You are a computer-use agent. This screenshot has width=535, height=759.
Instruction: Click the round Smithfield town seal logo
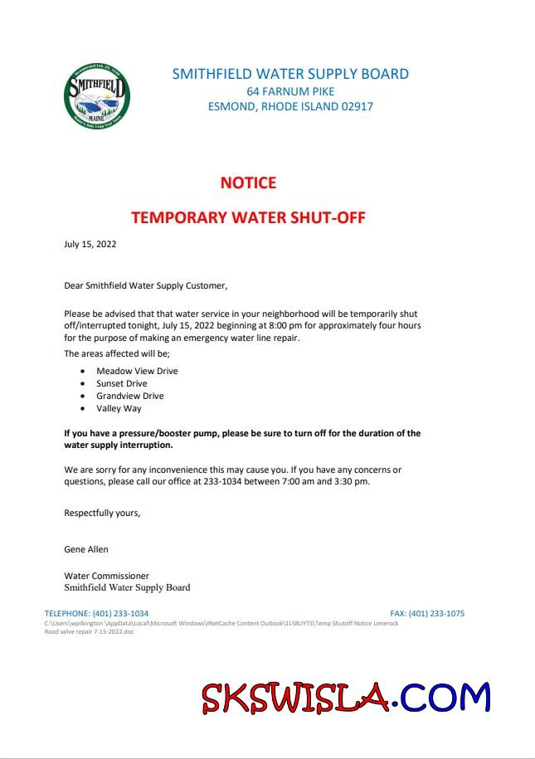pyautogui.click(x=96, y=97)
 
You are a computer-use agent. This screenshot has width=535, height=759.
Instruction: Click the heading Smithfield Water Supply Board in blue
pyautogui.click(x=290, y=74)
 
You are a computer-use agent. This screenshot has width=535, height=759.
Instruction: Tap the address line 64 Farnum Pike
pyautogui.click(x=290, y=90)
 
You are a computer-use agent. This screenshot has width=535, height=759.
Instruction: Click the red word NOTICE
pyautogui.click(x=248, y=182)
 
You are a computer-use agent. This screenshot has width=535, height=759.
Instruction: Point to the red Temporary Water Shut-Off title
pyautogui.click(x=248, y=218)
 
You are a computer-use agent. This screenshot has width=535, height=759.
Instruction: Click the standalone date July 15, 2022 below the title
pyautogui.click(x=90, y=244)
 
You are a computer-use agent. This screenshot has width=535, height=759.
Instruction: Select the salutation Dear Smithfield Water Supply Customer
pyautogui.click(x=145, y=285)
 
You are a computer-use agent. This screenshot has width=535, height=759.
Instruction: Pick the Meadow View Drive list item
pyautogui.click(x=137, y=371)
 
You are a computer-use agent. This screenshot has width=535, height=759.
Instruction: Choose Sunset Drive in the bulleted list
pyautogui.click(x=122, y=383)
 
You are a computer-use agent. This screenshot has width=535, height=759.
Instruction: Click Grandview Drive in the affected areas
pyautogui.click(x=129, y=397)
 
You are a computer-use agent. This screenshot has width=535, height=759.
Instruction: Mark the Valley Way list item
pyautogui.click(x=119, y=409)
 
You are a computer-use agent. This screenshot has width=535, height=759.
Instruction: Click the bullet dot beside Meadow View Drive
pyautogui.click(x=84, y=372)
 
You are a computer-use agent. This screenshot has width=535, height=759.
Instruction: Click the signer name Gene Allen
pyautogui.click(x=86, y=549)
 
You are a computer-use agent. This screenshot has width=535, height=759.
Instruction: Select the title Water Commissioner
pyautogui.click(x=106, y=575)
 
